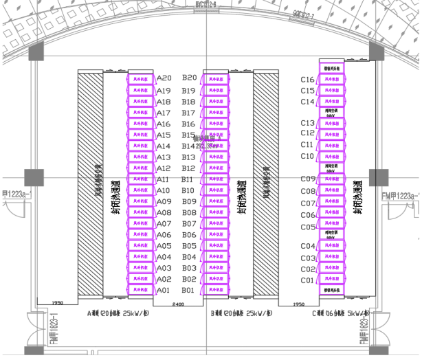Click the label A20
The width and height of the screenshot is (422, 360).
click(x=164, y=79)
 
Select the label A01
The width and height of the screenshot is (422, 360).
click(x=164, y=291)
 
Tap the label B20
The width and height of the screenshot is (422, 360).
click(x=189, y=79)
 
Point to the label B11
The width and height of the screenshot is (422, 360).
click(x=189, y=179)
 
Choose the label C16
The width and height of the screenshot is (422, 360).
click(x=307, y=80)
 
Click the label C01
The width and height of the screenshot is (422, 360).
click(x=307, y=280)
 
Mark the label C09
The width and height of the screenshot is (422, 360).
click(x=307, y=179)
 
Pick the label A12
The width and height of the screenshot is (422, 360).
click(x=164, y=168)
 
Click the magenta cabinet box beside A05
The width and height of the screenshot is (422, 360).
click(x=142, y=246)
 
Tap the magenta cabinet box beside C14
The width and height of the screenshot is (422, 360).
click(x=331, y=101)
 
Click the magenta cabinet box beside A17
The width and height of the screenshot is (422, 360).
click(x=142, y=113)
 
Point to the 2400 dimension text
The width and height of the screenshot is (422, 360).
click(x=178, y=303)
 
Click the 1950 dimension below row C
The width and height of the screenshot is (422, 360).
click(x=298, y=303)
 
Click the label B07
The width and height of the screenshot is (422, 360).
click(x=189, y=224)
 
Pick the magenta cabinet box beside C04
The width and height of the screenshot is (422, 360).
click(x=331, y=246)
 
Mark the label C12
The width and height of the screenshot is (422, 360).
click(x=307, y=133)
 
